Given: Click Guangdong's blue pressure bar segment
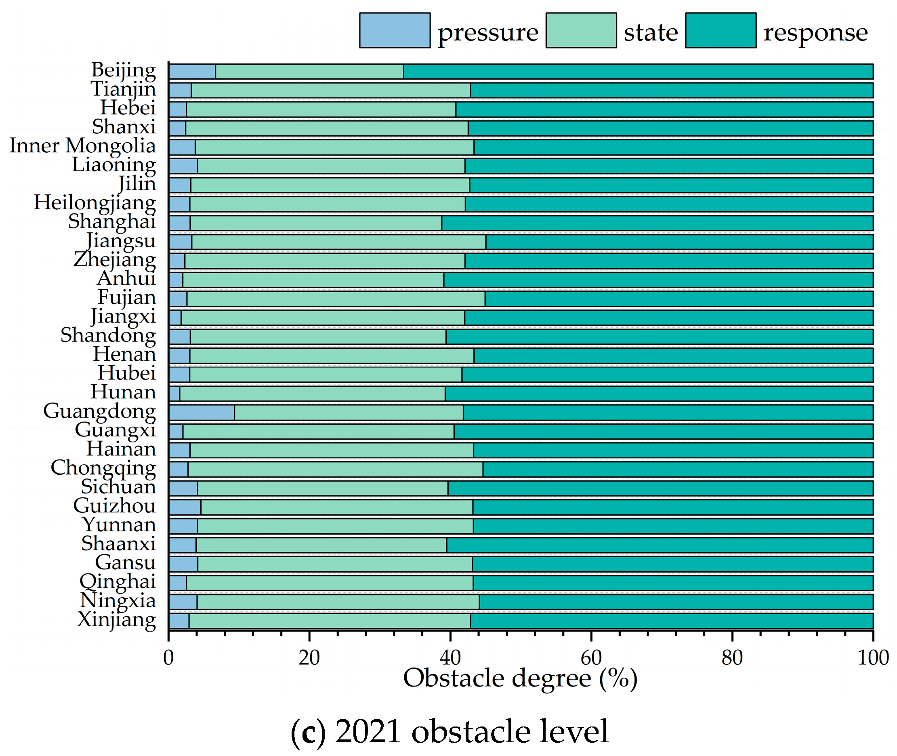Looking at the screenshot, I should click(x=202, y=413).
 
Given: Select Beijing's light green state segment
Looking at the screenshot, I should click(x=309, y=72).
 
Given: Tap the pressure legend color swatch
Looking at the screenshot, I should click(x=395, y=30).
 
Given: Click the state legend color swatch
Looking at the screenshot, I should click(x=581, y=30).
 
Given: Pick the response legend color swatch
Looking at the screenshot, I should click(x=721, y=30).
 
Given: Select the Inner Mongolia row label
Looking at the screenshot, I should click(x=83, y=146).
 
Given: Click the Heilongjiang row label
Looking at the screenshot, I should click(x=95, y=203).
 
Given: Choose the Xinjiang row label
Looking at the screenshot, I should click(x=116, y=620).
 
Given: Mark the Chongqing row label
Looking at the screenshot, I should click(x=103, y=468).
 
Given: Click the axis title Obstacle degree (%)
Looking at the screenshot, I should click(x=520, y=679).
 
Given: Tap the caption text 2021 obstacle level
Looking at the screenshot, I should click(x=471, y=732).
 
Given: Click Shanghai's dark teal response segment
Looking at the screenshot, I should click(x=657, y=223).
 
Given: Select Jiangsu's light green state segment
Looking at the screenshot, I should click(x=338, y=242).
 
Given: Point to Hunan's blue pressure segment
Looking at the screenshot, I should click(x=174, y=394).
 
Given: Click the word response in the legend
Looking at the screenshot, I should click(x=815, y=33).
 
